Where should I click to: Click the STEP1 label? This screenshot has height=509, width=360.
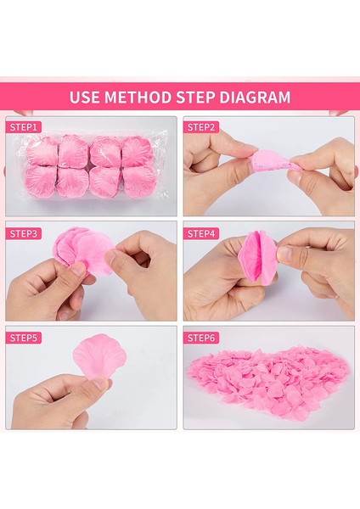(x=24, y=127)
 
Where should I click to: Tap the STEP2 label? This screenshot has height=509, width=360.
(x=202, y=127)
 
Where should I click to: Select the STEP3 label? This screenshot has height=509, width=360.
(x=24, y=232)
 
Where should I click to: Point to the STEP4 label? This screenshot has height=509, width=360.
(x=202, y=232)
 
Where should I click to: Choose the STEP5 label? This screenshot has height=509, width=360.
(x=24, y=337)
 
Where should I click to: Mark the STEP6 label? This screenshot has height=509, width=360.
(x=202, y=337)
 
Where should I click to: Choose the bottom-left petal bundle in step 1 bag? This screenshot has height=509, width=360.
(x=42, y=181)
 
